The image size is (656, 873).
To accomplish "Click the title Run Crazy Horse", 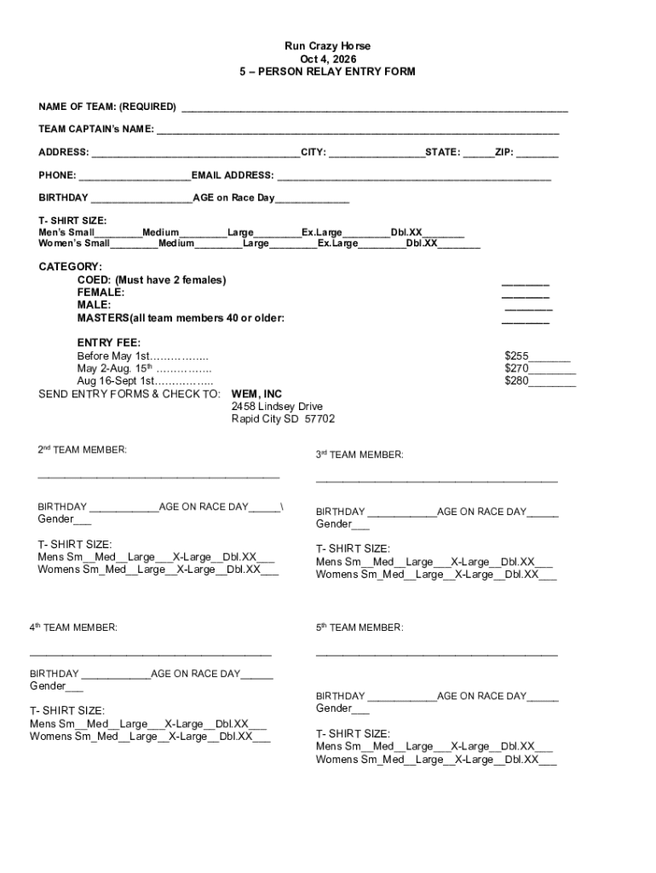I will tap(328, 46).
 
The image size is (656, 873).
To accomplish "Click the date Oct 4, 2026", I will tap(328, 59).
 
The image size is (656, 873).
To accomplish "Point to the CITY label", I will tap(313, 153).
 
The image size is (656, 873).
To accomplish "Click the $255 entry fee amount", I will tap(517, 356).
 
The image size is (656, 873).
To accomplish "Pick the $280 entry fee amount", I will tap(517, 381).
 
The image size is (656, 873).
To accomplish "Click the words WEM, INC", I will tap(256, 395).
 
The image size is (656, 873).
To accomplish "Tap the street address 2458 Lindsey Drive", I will tap(277, 407).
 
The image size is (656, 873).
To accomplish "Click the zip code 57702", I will tap(320, 419).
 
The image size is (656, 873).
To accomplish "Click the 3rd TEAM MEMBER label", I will tap(360, 455).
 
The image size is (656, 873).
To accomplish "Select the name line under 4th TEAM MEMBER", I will tap(151, 655).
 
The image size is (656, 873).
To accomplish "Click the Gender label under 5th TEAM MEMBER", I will tap(333, 708).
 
